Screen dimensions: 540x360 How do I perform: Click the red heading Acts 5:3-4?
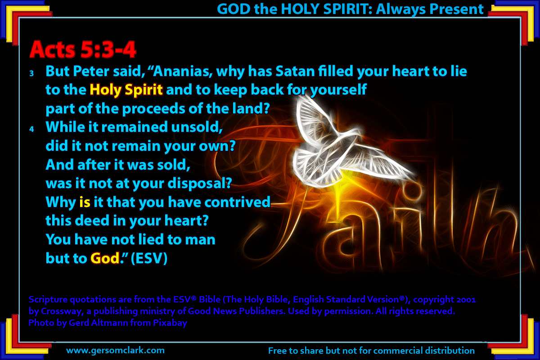coord(83,49)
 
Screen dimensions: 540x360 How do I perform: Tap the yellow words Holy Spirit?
coord(126,90)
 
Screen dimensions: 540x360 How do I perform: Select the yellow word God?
coord(105,258)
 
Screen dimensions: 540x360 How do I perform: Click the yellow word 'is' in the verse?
coord(85,202)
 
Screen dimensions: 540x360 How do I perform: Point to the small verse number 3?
coord(31,73)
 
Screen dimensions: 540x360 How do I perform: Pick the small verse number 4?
coord(31,129)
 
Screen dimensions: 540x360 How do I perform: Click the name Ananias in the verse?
coord(183,72)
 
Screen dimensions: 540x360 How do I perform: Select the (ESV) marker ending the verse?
coord(149,258)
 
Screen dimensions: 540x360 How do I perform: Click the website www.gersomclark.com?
coord(116,351)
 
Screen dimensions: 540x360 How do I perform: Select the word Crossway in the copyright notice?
coord(62,311)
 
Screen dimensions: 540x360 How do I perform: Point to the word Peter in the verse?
coord(91,72)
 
